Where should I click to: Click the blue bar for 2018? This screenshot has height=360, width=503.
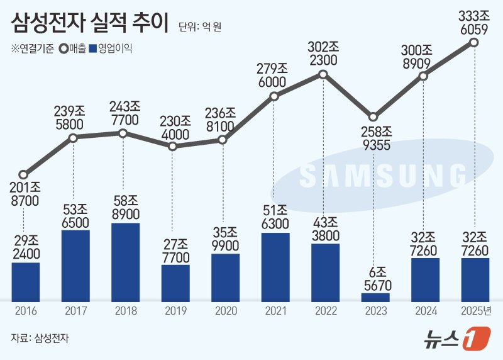coord(125,261)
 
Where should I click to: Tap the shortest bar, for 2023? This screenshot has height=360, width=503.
coord(375,296)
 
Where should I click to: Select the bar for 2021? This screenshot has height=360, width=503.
coord(275,266)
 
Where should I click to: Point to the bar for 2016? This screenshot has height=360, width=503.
coord(25,281)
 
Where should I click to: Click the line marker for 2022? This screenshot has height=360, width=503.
coord(323,74)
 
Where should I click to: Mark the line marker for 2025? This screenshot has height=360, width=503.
coord(474,43)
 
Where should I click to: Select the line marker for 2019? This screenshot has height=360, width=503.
coord(173,146)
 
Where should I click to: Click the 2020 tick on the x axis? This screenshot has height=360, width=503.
coord(224,311)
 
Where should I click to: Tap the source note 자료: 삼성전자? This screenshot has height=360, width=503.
coord(39,338)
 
